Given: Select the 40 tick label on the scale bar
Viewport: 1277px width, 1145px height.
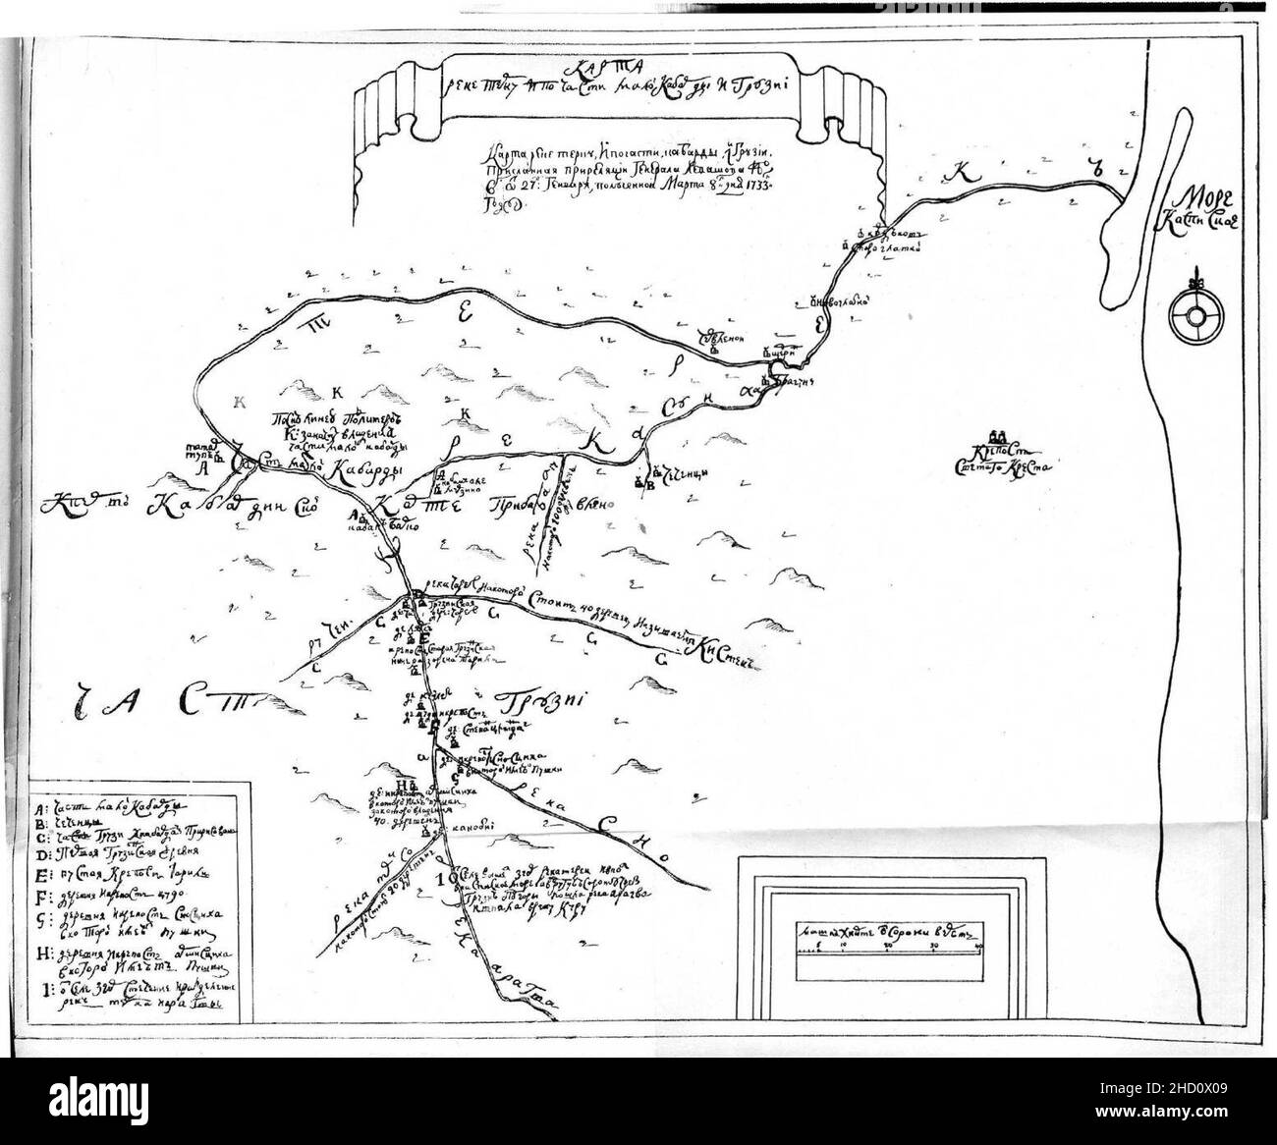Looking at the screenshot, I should [978, 945].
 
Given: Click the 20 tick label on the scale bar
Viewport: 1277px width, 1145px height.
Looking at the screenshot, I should [888, 945].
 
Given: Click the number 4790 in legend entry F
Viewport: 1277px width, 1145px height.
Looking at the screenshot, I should [173, 897].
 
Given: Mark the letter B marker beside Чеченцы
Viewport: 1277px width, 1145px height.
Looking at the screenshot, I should [647, 483].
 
